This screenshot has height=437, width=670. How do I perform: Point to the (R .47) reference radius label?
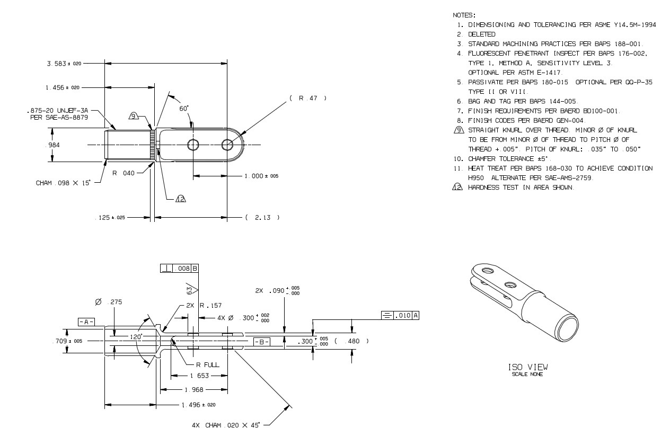[x=308, y=98]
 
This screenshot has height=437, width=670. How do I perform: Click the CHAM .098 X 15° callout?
[x=63, y=183]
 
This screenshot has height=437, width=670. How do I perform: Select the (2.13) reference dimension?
[x=262, y=217]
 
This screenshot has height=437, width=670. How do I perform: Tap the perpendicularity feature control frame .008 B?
[x=179, y=269]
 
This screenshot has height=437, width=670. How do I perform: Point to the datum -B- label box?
[x=262, y=342]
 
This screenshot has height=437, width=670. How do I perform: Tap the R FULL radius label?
[x=205, y=365]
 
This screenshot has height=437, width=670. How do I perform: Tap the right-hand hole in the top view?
[x=228, y=145]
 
